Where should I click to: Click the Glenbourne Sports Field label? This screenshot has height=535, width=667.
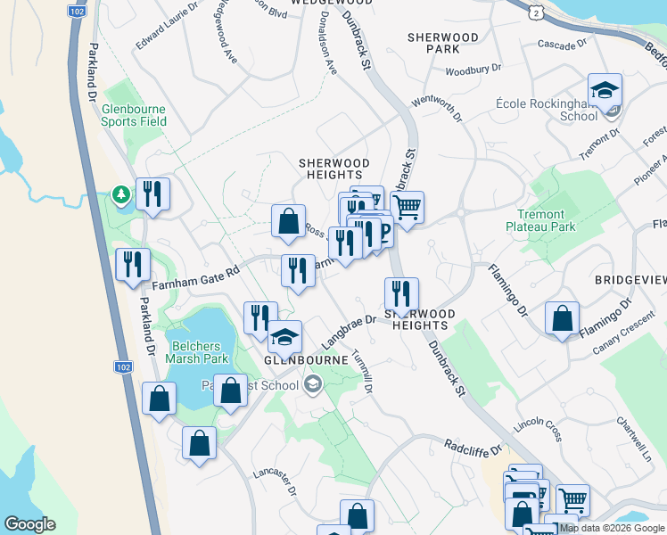coord(134,115)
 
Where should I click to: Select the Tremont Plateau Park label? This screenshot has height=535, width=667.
coord(554,220)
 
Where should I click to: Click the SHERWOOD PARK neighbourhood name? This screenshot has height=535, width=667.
coord(442,43)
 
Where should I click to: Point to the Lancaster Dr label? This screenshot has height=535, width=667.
coord(274,480)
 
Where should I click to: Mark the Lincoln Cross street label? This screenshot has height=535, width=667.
coord(538,424)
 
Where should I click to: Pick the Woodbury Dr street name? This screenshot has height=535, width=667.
coord(473,69)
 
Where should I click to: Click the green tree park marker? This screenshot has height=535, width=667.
coord(119,193)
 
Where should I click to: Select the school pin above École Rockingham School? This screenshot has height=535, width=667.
coord(605,91)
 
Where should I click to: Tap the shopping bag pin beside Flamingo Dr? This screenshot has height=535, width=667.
coord(563,319)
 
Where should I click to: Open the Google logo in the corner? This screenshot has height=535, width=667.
coord(29,524)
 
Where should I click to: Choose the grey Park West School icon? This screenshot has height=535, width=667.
coord(312,385)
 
